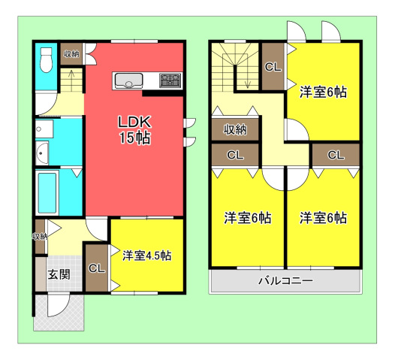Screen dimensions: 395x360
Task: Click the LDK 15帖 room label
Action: click(134, 129)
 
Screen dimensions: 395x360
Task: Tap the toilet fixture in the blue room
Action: click(46, 59)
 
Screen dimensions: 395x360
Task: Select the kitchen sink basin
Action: click(128, 80)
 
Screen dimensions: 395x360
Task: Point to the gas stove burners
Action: click(170, 80)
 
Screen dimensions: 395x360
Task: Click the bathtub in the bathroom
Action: click(47, 192)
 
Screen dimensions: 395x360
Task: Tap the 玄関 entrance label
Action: click(59, 274)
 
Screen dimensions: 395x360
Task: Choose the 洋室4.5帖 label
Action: click(147, 256)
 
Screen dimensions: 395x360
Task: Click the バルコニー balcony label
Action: click(285, 280)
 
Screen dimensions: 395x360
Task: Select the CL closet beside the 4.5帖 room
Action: click(97, 268)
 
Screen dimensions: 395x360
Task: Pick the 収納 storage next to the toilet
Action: click(71, 54)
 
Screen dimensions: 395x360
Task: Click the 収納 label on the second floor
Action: click(235, 129)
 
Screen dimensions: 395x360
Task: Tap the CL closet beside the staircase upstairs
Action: click(273, 67)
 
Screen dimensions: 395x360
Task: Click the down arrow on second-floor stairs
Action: click(247, 77)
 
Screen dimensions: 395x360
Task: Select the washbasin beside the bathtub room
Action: click(42, 153)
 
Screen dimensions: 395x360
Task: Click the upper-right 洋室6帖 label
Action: click(323, 92)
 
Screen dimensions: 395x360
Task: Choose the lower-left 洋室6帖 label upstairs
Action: click(248, 218)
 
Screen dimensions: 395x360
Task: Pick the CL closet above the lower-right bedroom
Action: click(336, 155)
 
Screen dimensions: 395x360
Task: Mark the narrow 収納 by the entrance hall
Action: click(40, 237)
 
